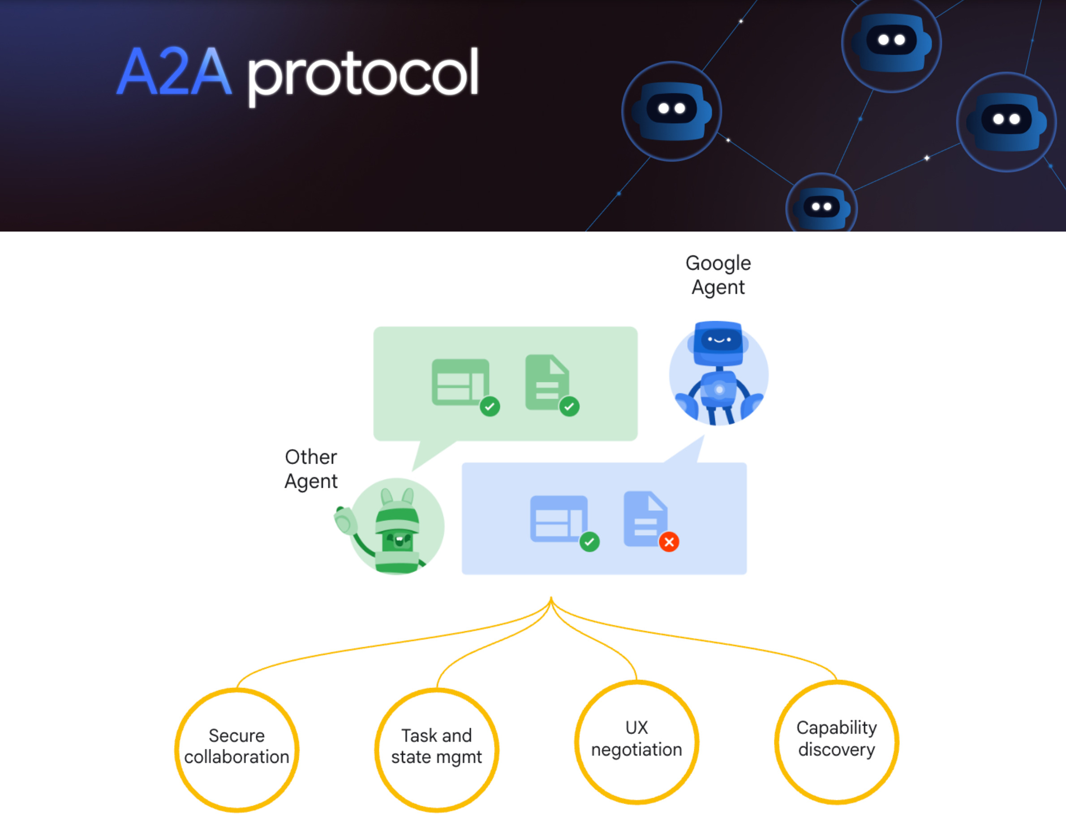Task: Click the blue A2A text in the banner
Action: (x=174, y=72)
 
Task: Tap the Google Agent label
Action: (x=718, y=275)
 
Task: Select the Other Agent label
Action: (x=311, y=469)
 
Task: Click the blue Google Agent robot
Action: (x=718, y=373)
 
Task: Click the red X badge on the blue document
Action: (x=669, y=542)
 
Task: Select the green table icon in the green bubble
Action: (x=460, y=382)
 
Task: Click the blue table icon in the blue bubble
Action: (x=558, y=518)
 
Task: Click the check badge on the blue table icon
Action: (x=589, y=542)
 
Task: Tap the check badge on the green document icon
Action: (x=569, y=407)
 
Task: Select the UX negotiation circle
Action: (x=636, y=742)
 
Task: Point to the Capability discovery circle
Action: (x=837, y=742)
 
